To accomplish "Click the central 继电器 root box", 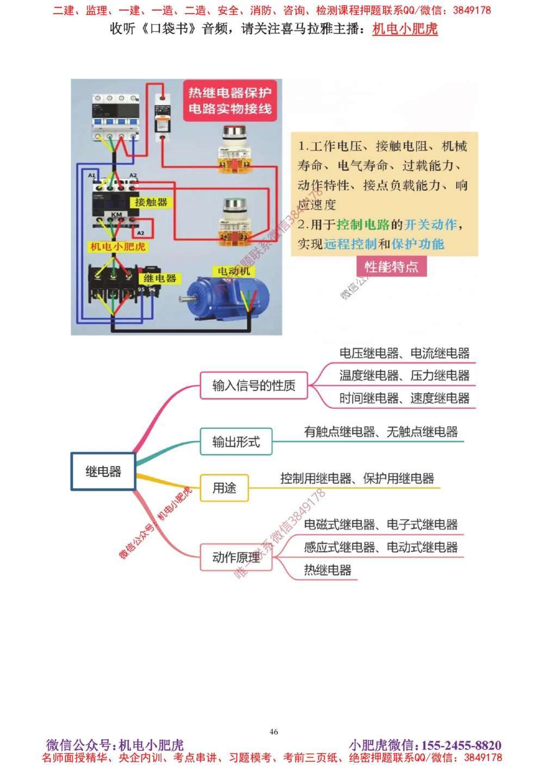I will tap(103, 472).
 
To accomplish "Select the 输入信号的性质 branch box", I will tap(254, 385).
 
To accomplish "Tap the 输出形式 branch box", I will tap(236, 442).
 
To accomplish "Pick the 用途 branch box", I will tap(224, 488).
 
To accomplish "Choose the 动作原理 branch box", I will tap(236, 557).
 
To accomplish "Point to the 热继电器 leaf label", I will tap(327, 570).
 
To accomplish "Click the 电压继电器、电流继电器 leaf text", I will tap(404, 353).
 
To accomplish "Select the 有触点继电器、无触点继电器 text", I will tap(381, 432).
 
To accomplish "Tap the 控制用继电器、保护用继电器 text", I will tap(357, 479).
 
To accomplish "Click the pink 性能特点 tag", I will tap(391, 267).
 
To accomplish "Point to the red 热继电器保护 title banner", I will tap(230, 101).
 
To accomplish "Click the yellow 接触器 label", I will tap(151, 202).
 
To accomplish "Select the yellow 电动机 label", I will tap(234, 271).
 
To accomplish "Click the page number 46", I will tap(274, 732).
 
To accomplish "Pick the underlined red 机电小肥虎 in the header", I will tap(405, 29).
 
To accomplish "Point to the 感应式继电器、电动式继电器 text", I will tap(381, 547).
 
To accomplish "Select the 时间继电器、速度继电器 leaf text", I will tap(404, 398).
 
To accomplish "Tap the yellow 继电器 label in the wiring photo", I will tap(159, 278).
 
